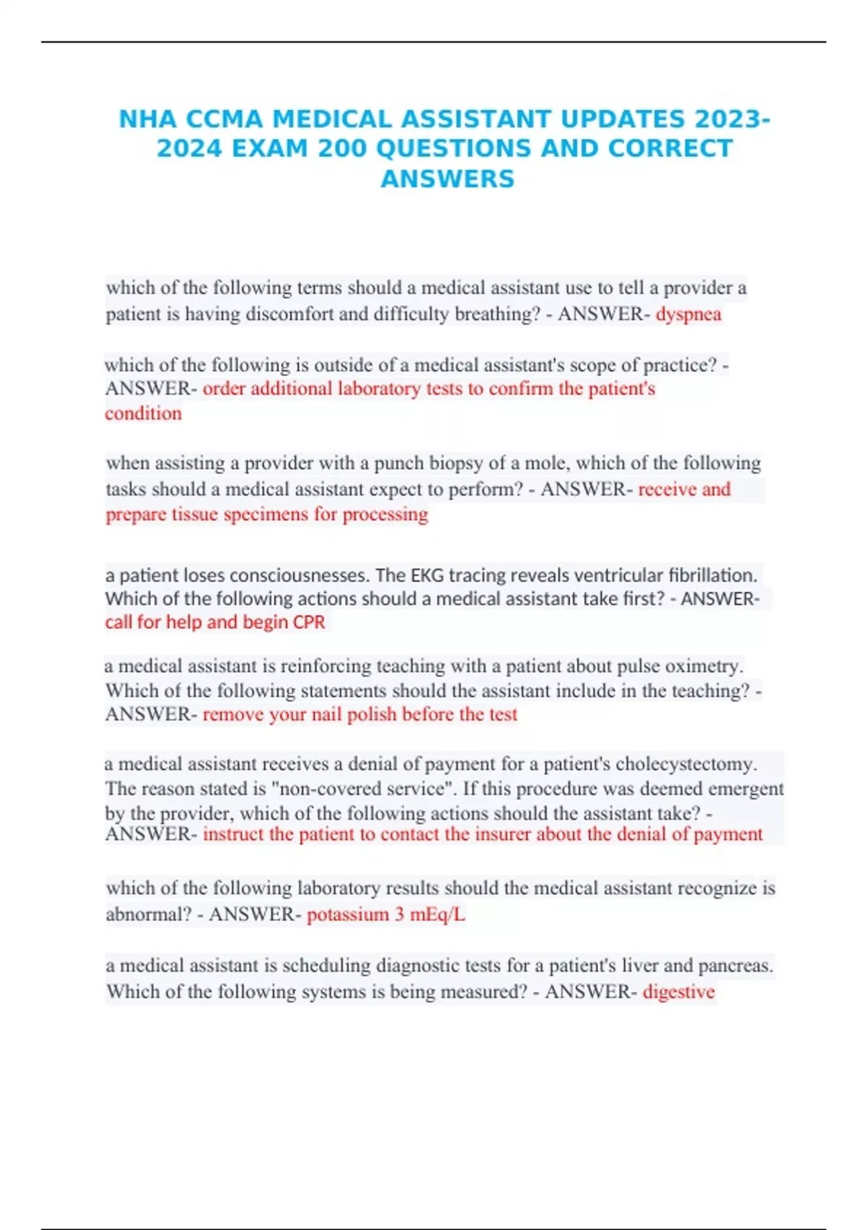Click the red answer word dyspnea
click(x=688, y=314)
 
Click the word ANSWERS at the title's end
click(x=447, y=179)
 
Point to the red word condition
click(x=143, y=413)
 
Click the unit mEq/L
click(x=438, y=915)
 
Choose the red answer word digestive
click(x=678, y=991)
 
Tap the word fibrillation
click(x=712, y=575)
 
